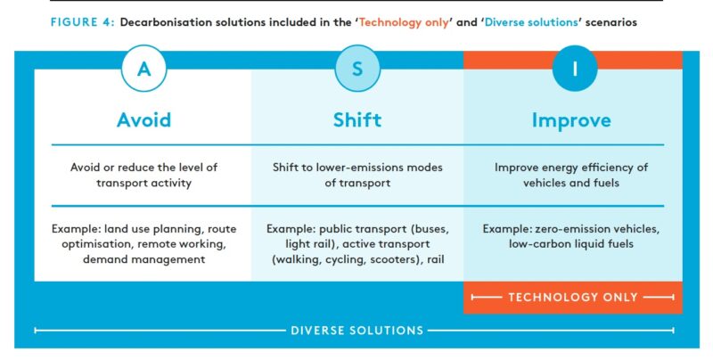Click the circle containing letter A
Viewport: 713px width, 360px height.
[x=143, y=68]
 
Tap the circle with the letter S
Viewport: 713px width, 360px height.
[x=357, y=68]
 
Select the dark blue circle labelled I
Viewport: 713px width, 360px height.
[x=571, y=68]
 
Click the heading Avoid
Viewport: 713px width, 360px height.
[x=143, y=119]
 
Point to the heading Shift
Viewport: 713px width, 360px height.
[x=357, y=119]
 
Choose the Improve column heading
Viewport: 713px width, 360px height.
[x=571, y=119]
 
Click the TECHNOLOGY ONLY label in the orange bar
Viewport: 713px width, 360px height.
[x=572, y=298]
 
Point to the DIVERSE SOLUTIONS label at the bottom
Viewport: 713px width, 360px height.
[x=356, y=331]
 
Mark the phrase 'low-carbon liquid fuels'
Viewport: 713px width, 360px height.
[x=571, y=243]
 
